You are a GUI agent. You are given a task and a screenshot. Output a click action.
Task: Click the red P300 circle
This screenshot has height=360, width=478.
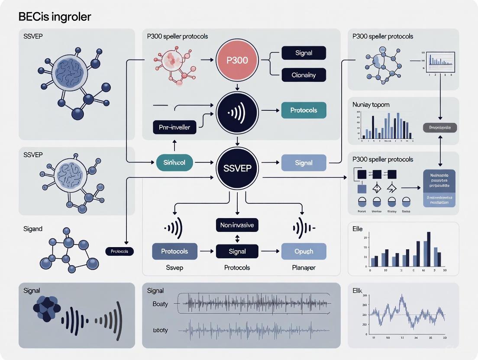coord(237,60)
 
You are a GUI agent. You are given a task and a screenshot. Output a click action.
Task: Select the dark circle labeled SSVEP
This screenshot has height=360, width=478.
coord(237,168)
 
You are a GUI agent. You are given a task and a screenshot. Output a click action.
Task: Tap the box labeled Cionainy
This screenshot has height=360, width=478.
coord(304,75)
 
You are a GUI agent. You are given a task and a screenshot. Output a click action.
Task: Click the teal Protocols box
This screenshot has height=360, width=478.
coord(304,110)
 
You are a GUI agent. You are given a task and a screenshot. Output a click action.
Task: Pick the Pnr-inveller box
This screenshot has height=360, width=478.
coord(174,127)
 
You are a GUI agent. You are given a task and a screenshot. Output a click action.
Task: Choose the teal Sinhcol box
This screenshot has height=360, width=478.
coord(174,163)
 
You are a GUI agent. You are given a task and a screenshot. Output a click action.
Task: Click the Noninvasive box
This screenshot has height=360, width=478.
coord(237,225)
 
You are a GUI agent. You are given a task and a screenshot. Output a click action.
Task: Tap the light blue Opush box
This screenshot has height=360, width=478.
coord(304,251)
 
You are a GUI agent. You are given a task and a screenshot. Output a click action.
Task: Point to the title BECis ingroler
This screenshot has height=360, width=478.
coord(55,17)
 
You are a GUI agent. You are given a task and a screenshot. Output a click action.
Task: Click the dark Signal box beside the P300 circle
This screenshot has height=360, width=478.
coord(304,53)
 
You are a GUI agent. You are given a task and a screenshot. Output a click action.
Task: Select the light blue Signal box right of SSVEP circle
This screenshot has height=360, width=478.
coord(304,163)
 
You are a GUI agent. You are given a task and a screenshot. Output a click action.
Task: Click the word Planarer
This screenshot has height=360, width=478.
coord(304,267)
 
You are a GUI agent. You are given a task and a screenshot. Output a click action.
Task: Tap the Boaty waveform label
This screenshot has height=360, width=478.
coord(160,304)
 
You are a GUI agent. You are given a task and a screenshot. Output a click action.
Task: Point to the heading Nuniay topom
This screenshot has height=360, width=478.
coord(371,105)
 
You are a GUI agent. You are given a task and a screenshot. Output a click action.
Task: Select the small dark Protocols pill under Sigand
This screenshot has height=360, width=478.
coord(119,251)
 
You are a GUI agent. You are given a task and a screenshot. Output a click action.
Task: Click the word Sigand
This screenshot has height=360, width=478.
coord(33,228)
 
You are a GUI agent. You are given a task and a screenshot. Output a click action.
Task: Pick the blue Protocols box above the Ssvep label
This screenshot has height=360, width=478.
coord(174,251)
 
